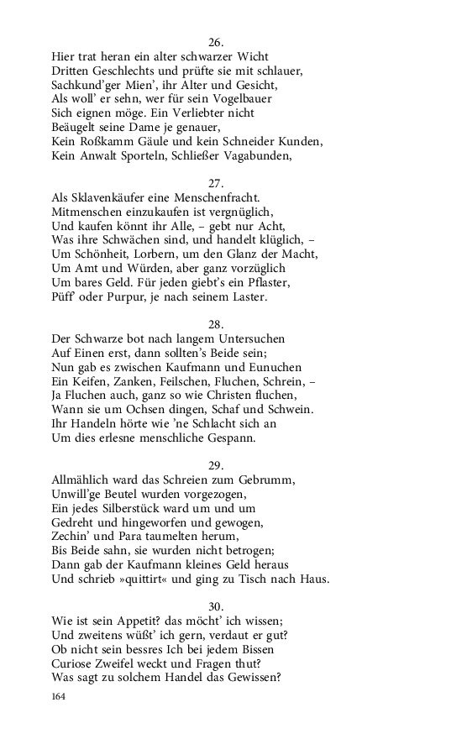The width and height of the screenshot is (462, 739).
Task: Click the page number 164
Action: point(58,696)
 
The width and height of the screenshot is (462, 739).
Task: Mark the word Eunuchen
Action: point(272,367)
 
